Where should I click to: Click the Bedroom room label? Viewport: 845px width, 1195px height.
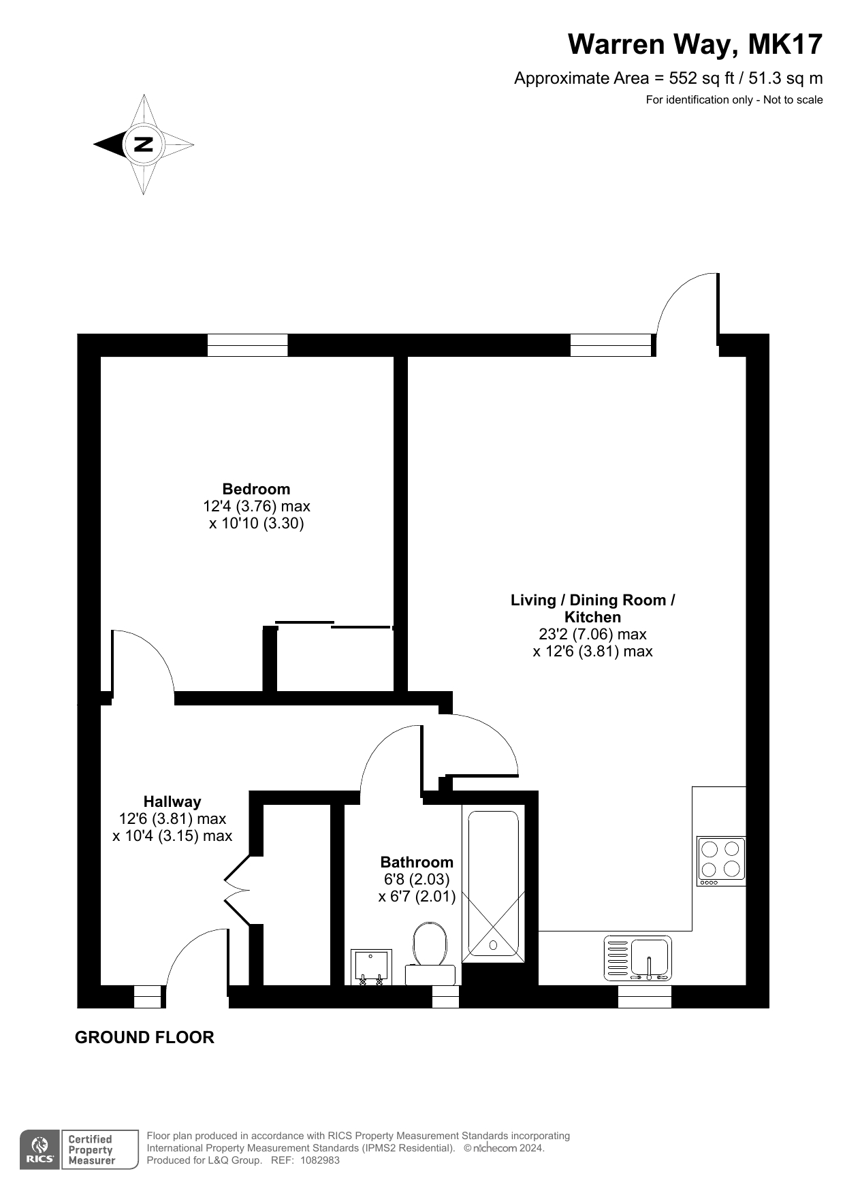256,489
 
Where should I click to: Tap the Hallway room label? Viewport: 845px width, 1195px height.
172,801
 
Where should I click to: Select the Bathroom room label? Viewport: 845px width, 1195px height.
417,862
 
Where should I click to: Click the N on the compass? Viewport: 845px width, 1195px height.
144,144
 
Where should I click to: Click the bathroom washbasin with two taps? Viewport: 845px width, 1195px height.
371,967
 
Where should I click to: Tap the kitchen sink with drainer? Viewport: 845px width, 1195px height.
637,958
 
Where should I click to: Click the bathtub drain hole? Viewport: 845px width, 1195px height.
493,945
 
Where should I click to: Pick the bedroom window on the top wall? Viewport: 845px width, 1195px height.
247,345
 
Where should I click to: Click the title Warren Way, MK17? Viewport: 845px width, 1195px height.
695,44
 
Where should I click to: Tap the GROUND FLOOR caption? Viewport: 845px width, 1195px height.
144,1037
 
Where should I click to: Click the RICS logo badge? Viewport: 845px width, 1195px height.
40,1150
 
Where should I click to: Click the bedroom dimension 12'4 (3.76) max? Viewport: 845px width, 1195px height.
256,507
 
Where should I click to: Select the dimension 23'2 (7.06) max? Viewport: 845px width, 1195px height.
592,634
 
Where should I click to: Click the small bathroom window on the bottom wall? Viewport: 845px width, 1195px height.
446,997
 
